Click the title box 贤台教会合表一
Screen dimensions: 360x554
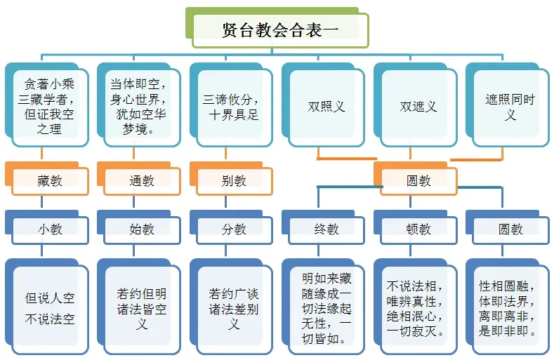coord(279,29)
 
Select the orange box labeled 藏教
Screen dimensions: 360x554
coord(50,180)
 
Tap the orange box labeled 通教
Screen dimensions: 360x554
coord(142,180)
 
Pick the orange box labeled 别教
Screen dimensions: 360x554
coord(234,180)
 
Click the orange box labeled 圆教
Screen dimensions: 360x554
coord(418,180)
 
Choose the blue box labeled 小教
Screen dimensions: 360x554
coord(50,229)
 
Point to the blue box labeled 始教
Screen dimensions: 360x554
coord(142,229)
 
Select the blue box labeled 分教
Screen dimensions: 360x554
coord(234,229)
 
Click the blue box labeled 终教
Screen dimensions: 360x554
coord(327,229)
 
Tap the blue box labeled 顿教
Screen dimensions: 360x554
coord(418,229)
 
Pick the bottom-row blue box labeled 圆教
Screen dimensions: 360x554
coord(510,229)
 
